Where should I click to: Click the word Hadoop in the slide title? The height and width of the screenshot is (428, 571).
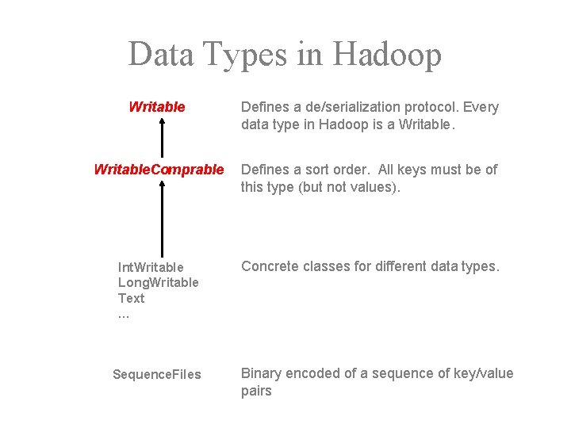tap(387, 55)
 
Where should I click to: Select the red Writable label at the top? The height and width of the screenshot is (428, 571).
tap(157, 106)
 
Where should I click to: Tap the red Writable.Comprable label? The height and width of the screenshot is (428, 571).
tap(159, 169)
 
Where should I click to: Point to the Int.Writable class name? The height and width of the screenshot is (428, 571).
tap(151, 267)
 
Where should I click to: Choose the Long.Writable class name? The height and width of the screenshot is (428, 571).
tap(159, 283)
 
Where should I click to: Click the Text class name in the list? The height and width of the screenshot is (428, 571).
tap(132, 299)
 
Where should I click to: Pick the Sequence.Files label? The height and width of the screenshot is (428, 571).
tap(157, 374)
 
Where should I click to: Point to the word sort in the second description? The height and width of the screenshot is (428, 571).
tap(319, 169)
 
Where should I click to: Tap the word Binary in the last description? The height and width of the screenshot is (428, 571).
tap(261, 373)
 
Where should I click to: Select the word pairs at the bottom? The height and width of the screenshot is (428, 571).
tap(256, 391)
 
